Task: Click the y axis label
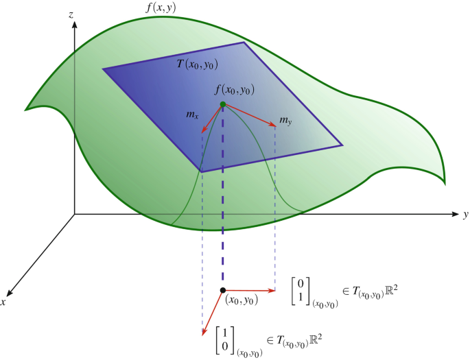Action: (465, 215)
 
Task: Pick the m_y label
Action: (286, 121)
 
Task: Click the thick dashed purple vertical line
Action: (222, 206)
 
